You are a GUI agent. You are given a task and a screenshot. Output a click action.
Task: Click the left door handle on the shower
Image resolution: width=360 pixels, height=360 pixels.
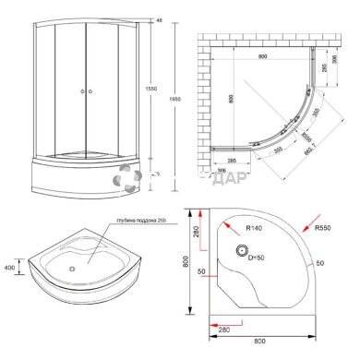coord(80,91)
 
